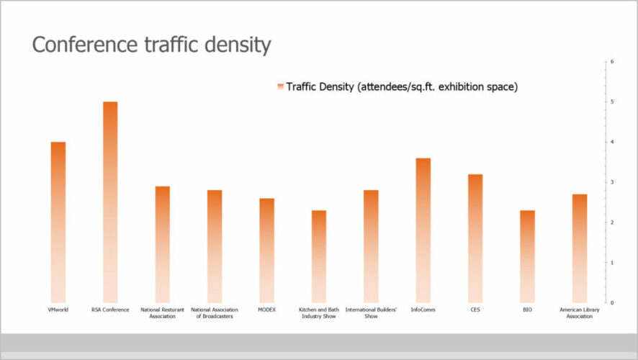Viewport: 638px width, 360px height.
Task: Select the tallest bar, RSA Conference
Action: [110, 202]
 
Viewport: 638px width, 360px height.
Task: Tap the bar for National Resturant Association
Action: [163, 244]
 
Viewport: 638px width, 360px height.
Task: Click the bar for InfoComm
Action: [423, 230]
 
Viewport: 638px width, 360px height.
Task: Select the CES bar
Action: [475, 238]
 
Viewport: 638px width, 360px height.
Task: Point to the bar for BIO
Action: [527, 256]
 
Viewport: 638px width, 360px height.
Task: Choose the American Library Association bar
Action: [579, 248]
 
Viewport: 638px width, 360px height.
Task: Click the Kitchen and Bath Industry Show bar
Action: [318, 256]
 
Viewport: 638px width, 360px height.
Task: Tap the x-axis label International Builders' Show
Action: [371, 312]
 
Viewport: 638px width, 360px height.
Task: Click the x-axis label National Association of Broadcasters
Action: [215, 312]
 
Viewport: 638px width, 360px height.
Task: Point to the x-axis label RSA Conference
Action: [110, 310]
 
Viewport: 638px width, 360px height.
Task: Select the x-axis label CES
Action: [475, 310]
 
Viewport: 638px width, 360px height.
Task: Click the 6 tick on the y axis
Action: [611, 62]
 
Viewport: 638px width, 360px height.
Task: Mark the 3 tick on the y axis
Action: [611, 182]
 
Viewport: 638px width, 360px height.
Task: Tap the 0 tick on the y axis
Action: [611, 302]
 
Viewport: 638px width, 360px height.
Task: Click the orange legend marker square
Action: [280, 86]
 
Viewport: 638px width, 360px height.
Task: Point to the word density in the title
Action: [235, 45]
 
